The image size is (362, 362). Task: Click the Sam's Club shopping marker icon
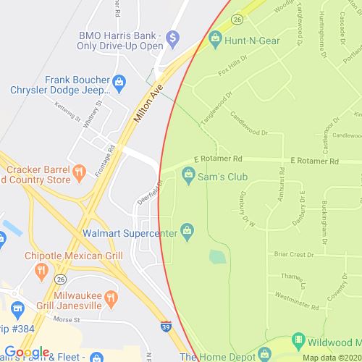[188, 173]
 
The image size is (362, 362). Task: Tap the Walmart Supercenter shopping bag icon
[188, 230]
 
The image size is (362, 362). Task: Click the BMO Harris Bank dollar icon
[172, 37]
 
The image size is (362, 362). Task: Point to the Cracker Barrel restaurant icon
[81, 172]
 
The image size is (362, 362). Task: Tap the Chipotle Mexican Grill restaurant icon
[41, 271]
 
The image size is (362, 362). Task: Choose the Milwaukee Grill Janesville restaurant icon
[111, 296]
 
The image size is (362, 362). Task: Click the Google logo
[26, 353]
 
